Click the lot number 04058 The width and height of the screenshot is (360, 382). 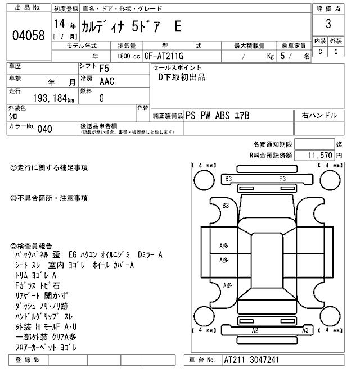pos(28,35)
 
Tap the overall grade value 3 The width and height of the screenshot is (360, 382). pos(328,24)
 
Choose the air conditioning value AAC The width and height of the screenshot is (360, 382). pos(106,82)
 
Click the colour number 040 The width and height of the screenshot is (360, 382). pos(44,129)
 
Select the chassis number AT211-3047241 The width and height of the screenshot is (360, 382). pos(251,360)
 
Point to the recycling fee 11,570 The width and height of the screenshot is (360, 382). pos(319,155)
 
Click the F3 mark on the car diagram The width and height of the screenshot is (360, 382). pos(282,179)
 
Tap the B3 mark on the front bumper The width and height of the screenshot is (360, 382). pos(228,179)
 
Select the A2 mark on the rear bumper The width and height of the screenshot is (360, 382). pos(255,330)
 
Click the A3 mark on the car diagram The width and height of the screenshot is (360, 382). pos(305,330)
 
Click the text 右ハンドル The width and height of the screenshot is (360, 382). pos(319,116)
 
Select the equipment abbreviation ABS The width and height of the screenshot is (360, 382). pos(225,116)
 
